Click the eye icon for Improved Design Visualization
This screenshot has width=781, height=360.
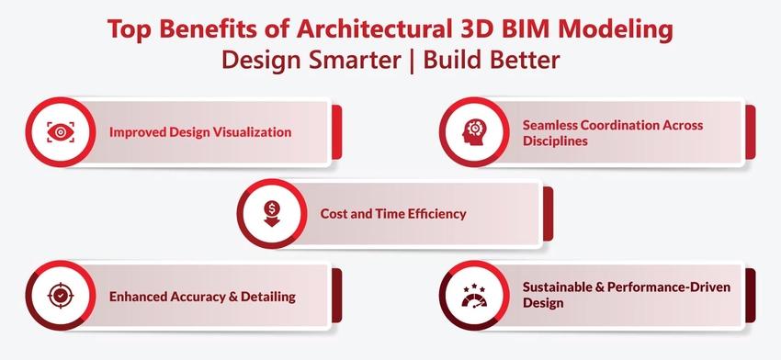click(61, 132)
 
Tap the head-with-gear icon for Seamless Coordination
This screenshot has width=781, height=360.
click(474, 132)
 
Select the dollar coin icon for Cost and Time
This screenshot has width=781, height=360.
click(272, 214)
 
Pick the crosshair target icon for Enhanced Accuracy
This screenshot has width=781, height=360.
click(61, 296)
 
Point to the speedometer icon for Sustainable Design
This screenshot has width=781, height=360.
click(474, 297)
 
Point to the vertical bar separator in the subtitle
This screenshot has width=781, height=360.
click(412, 61)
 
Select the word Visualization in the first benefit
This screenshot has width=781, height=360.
click(252, 132)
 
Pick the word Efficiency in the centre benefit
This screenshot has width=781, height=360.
click(436, 214)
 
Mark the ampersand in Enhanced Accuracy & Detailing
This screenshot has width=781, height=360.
click(232, 297)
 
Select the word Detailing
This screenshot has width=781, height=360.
click(268, 298)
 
